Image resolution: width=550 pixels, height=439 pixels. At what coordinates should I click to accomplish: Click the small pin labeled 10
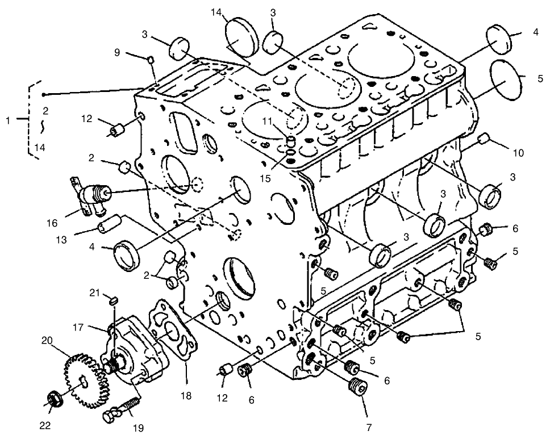pos(485,138)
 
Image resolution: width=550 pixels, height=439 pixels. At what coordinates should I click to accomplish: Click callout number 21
pos(95,292)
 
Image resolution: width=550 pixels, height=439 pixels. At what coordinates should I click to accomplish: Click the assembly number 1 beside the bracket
pos(7,120)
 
